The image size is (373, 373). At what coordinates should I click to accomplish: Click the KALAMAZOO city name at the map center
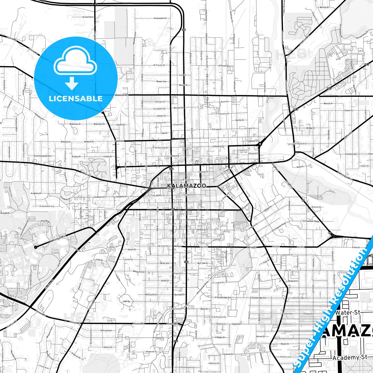(x=187, y=186)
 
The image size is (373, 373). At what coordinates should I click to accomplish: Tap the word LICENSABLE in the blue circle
(x=76, y=98)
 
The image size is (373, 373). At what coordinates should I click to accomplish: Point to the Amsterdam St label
(x=160, y=18)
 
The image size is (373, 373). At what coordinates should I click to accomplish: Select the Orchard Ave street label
(x=88, y=17)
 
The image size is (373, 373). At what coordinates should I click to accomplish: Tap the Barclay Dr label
(x=324, y=7)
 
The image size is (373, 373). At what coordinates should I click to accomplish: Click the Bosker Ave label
(x=161, y=82)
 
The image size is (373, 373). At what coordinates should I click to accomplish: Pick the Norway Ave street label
(x=179, y=108)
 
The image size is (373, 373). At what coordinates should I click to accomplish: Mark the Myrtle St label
(x=240, y=120)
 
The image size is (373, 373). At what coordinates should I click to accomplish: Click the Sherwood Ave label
(x=300, y=144)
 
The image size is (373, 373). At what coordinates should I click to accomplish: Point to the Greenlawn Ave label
(x=47, y=206)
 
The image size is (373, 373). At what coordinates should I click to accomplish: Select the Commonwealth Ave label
(x=43, y=156)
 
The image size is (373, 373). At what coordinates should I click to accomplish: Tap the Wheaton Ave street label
(x=139, y=272)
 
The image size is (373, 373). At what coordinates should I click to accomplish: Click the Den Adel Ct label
(x=179, y=295)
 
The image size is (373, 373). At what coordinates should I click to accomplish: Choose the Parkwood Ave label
(x=188, y=367)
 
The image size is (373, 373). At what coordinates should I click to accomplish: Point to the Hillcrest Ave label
(x=106, y=330)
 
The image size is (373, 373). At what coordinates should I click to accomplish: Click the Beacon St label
(x=328, y=104)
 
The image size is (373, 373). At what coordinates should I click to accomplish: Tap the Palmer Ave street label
(x=285, y=357)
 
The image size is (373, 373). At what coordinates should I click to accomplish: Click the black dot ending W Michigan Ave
(x=36, y=247)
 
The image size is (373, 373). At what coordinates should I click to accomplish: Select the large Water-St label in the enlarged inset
(x=348, y=313)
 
